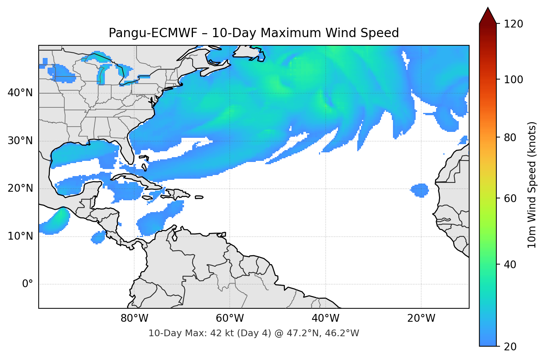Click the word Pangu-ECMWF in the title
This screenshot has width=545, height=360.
pos(153,33)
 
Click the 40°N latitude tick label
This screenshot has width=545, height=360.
pos(20,93)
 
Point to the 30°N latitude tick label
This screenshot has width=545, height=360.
pos(20,141)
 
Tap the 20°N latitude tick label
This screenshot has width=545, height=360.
pos(20,188)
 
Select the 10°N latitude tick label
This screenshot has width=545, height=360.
pos(20,236)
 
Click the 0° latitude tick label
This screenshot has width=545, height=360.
pos(28,284)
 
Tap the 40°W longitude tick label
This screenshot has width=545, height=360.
pos(325,318)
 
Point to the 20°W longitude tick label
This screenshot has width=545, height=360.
pos(421,318)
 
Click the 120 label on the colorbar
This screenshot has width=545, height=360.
pos(513,24)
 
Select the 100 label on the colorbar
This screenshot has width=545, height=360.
pos(513,80)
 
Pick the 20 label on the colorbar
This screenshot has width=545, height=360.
pos(510,347)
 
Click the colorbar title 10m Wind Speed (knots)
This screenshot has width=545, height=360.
pos(532,185)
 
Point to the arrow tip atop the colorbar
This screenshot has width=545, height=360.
pos(488,8)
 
